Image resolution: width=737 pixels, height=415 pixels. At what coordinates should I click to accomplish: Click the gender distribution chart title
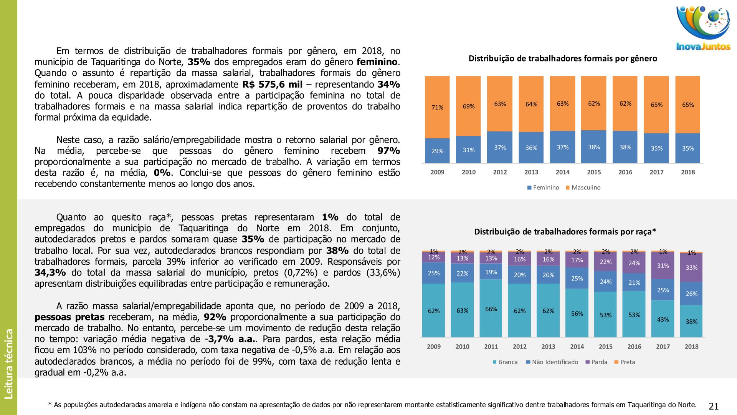pos(563,59)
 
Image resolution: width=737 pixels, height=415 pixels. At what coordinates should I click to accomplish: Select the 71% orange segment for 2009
pos(437,107)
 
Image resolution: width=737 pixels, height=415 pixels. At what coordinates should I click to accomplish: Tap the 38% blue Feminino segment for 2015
pos(594,147)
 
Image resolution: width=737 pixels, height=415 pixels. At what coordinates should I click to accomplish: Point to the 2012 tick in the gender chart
pos(500,172)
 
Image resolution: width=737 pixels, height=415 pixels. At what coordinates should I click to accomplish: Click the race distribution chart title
pos(565,232)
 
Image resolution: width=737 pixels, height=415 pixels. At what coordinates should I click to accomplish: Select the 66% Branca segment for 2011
pos(491,309)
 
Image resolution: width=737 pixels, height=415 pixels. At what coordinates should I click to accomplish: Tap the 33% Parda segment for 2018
pos(691,267)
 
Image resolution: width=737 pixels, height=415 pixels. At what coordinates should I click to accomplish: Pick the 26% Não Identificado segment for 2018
pos(691,294)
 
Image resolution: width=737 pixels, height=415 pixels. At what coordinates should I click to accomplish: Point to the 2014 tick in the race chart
pos(577,347)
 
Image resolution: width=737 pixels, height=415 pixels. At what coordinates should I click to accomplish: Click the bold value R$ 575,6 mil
pos(272,85)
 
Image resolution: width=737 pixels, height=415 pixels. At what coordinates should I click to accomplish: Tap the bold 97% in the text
pos(388,151)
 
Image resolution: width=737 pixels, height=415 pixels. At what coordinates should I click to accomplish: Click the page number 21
pos(714,406)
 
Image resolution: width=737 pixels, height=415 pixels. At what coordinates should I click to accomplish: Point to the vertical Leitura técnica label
pos(8,364)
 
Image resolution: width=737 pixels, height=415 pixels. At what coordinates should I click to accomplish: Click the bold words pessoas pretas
pos(69,317)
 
